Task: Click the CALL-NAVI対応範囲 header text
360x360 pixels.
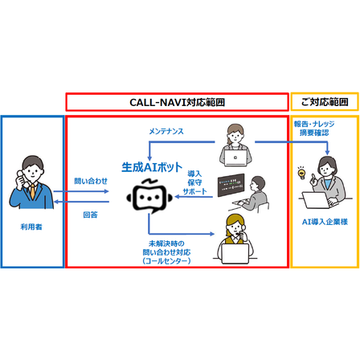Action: [x=177, y=102]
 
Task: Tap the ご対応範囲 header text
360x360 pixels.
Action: [x=325, y=102]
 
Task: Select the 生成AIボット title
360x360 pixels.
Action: [x=152, y=167]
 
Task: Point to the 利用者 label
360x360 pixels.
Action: [x=31, y=227]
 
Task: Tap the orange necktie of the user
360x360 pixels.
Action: [x=32, y=191]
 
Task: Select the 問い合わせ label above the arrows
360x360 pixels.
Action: [x=91, y=181]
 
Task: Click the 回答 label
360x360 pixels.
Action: [x=90, y=215]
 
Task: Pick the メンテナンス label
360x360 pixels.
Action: [x=166, y=131]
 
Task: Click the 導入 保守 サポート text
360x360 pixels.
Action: [x=194, y=182]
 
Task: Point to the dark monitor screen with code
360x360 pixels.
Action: [x=231, y=185]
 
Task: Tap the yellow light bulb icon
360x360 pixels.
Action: [x=302, y=174]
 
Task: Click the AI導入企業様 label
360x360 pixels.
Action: [x=325, y=222]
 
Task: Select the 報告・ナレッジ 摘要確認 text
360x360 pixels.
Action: [x=314, y=129]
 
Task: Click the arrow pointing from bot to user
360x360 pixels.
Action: [x=81, y=202]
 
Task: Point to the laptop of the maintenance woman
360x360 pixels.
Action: [x=235, y=158]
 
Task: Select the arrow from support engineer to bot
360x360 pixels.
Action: [x=194, y=197]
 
